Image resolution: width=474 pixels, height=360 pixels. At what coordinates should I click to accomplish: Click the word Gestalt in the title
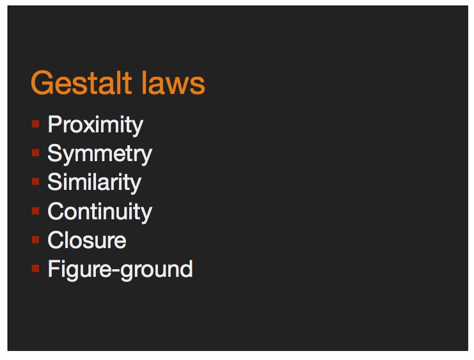coord(82,82)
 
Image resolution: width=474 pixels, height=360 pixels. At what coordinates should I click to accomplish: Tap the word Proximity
coord(95,125)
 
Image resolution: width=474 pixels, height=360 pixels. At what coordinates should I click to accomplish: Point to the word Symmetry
coord(100,154)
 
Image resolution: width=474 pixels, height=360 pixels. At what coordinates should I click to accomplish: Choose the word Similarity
coord(94,183)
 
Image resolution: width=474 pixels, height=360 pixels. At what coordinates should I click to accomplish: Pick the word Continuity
coord(100,212)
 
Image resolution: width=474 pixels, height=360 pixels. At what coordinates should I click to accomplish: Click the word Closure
coord(87,240)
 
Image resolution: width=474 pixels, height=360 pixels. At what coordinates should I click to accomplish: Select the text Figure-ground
coord(120,270)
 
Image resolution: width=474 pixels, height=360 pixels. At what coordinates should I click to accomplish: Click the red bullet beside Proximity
coord(35,123)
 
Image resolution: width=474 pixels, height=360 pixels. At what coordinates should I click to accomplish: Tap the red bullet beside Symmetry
coord(35,153)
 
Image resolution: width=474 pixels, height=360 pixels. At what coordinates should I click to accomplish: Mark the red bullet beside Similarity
coord(35,182)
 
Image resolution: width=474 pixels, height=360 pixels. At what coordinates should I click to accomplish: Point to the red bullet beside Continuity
coord(35,210)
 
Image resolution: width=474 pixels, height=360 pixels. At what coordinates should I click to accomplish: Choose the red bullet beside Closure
coord(35,239)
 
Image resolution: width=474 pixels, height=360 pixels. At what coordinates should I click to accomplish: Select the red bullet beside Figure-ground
coord(35,268)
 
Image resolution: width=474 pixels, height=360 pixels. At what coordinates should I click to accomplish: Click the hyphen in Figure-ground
coord(116,271)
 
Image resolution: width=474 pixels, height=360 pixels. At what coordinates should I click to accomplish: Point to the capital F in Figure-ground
coord(54,268)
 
